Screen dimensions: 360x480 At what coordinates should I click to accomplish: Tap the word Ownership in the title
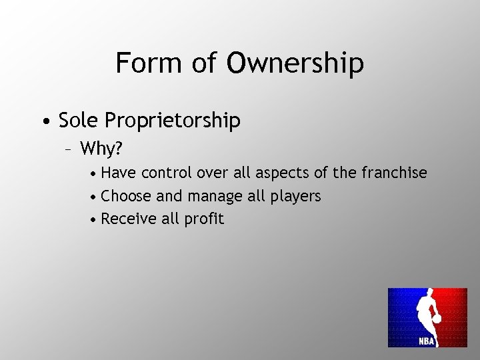point(295,63)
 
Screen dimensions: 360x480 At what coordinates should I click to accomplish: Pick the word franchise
point(394,173)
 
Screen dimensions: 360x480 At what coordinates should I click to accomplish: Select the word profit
point(203,219)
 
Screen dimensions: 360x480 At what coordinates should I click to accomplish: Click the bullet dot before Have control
point(95,173)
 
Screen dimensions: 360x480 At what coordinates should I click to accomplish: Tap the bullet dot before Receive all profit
point(95,219)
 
